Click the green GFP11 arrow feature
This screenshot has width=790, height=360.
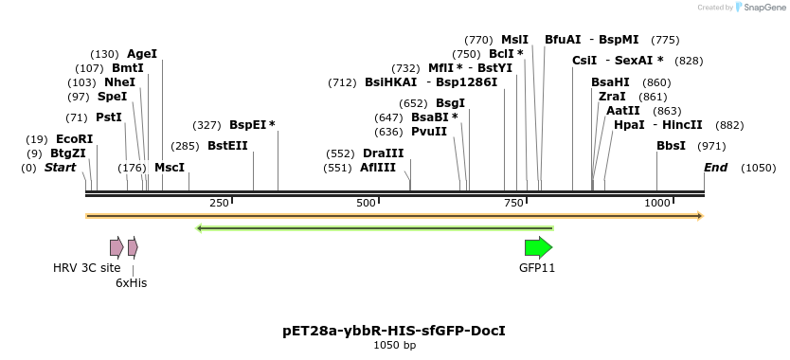coord(538,248)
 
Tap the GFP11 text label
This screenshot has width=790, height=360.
coord(537,268)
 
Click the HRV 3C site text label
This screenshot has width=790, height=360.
coord(87,268)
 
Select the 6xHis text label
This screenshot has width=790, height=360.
coord(131,282)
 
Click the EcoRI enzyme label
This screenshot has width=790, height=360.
coord(74,139)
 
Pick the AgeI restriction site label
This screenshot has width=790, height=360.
coord(142,54)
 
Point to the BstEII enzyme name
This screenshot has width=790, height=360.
coord(227,146)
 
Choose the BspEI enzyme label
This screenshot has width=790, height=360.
coord(248,125)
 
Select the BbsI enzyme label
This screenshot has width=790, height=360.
coord(671,146)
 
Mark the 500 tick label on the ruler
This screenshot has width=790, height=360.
coord(367,204)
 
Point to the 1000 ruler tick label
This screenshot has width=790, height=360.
coord(657,204)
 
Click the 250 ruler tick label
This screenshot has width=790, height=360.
coord(219,204)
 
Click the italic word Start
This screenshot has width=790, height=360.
coord(60,168)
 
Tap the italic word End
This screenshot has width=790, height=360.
coord(715,168)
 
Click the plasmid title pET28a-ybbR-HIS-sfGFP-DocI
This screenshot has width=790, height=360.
coord(394,331)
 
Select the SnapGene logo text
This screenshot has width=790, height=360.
coord(764,8)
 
